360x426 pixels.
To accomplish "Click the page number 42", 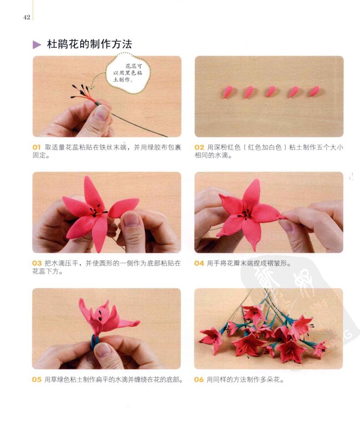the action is pos(27,17).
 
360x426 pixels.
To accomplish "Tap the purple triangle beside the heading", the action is pos(37,44).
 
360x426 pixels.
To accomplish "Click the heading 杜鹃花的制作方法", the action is pos(89,44).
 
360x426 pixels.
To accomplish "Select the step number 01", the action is pos(37,147).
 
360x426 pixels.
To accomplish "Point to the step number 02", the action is pos(199,147).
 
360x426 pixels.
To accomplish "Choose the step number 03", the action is pos(37,263).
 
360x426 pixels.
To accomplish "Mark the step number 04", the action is pos(199,263).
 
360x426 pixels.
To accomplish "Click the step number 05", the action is pos(37,379).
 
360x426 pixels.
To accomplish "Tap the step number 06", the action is pos(199,379).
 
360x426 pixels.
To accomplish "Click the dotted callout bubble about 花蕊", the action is pos(128,73).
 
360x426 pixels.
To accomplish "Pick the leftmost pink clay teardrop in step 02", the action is pos(228,92).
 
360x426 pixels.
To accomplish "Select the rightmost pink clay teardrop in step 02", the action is pos(315,92).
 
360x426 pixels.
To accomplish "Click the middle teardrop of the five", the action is pos(271,92).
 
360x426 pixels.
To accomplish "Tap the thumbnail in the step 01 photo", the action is pos(102,113).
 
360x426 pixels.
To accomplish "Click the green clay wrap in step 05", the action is pos(94,342).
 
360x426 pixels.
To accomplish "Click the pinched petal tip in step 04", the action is pos(282,216).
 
